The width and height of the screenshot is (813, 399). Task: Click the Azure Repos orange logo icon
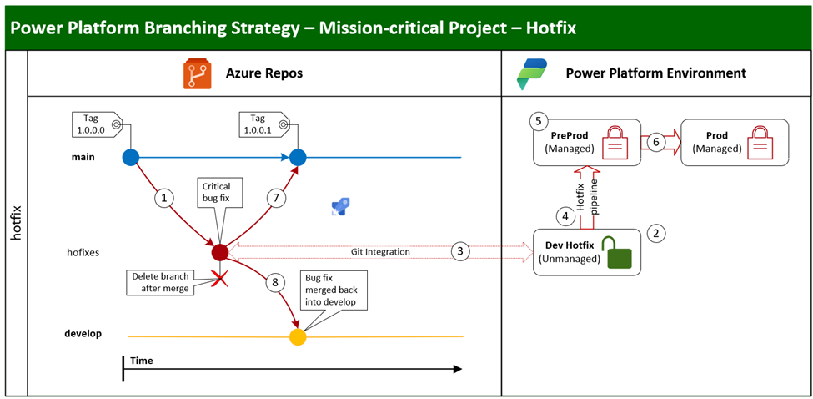[198, 73]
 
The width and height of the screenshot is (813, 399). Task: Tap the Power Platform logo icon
[531, 73]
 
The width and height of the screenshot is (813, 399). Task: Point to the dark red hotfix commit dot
[220, 251]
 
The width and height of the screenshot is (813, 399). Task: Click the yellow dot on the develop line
[298, 336]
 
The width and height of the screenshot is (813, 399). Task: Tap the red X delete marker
[220, 279]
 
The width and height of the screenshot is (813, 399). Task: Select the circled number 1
[164, 199]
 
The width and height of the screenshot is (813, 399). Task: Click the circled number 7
[277, 199]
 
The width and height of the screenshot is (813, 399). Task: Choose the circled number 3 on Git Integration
[459, 250]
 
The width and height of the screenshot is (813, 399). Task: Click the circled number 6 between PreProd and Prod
[656, 142]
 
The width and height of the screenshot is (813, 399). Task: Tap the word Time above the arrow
[141, 361]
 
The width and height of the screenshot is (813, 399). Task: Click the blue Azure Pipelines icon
[340, 207]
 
